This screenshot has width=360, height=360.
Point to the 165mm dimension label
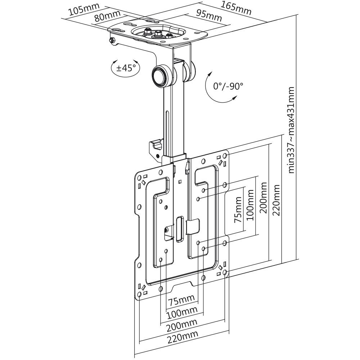click(236, 8)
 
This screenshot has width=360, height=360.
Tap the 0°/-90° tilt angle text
click(228, 86)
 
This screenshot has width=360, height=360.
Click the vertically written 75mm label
click(239, 210)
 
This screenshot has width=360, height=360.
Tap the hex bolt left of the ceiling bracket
click(112, 40)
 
